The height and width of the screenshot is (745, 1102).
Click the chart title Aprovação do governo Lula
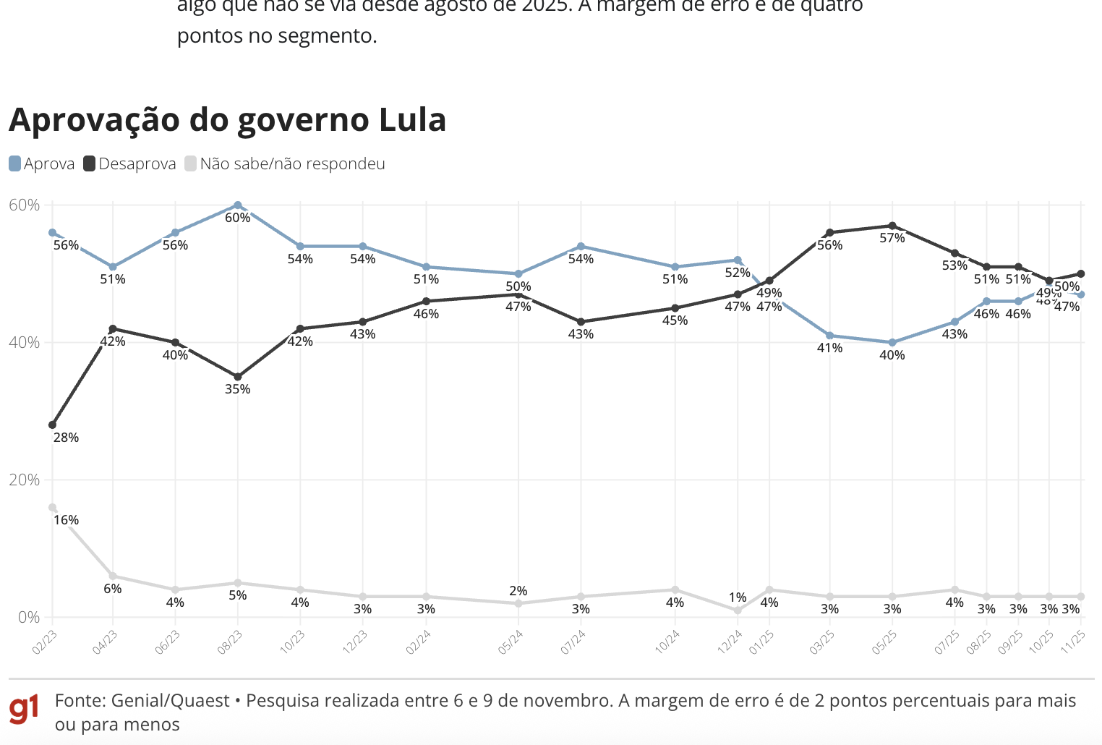pos(227,120)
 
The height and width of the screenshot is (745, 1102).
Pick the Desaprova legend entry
pos(130,164)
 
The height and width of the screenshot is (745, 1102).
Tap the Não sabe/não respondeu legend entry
pos(285,164)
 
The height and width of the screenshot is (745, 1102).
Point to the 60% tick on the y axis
pos(24,205)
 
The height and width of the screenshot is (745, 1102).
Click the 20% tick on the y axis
pos(24,480)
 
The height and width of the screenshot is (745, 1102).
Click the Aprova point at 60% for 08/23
pos(238,205)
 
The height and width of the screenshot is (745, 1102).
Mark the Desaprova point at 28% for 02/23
pos(52,425)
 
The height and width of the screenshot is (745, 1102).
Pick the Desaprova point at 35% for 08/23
pos(238,377)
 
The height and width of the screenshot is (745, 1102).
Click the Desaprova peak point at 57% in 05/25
pos(892,226)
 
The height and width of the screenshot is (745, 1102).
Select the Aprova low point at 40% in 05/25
pos(892,342)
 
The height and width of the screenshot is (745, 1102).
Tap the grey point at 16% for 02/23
pos(52,507)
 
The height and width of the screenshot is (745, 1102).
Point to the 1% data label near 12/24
pos(738,597)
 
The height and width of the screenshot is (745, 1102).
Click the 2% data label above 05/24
pos(518,591)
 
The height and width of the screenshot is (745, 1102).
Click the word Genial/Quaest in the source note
pos(171,701)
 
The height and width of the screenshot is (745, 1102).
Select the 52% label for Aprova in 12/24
pos(738,273)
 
